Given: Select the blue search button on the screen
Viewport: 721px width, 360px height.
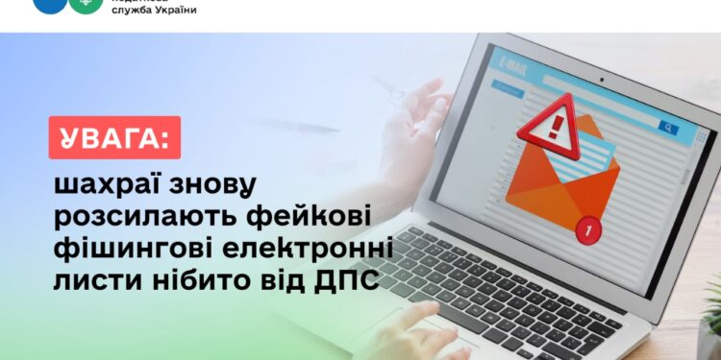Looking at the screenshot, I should [667, 126].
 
